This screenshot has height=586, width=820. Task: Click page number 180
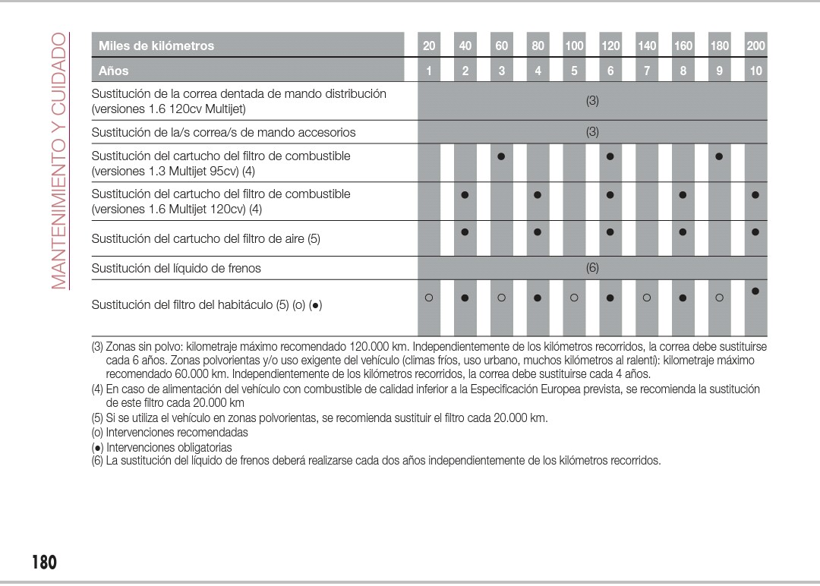click(44, 562)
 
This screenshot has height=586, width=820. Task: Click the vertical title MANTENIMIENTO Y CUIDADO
click(59, 161)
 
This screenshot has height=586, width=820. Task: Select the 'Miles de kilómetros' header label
click(156, 46)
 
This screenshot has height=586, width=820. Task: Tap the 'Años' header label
click(114, 71)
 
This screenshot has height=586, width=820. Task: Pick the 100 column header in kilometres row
click(574, 46)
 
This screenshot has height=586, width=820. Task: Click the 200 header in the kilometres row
click(755, 46)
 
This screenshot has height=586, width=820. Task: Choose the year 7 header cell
click(647, 71)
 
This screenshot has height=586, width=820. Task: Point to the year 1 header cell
click(429, 71)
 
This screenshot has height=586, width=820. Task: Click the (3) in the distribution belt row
click(592, 100)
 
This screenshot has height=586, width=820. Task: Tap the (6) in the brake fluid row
click(592, 267)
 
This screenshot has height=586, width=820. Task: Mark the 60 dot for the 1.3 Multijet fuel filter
click(501, 157)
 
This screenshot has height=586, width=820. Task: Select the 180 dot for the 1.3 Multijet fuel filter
click(719, 157)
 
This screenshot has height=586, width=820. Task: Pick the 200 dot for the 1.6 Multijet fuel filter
click(755, 195)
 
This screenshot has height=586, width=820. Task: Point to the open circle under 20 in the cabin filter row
click(429, 298)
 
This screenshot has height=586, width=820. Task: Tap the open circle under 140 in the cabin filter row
click(647, 298)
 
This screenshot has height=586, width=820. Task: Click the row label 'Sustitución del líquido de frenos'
click(176, 268)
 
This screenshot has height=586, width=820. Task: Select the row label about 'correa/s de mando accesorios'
click(223, 132)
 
